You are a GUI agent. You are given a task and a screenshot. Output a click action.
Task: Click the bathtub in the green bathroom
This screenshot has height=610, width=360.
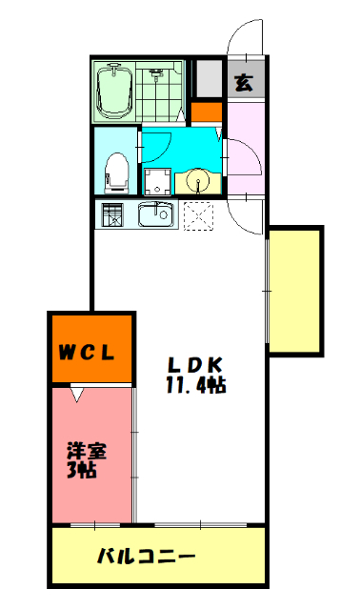pos(117,91)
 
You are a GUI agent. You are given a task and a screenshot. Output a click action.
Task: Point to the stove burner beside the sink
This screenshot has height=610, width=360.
pos(112,215)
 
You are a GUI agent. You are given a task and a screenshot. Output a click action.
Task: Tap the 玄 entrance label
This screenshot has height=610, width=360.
pos(245,82)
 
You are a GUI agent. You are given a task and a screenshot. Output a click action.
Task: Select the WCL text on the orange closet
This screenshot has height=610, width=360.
pos(89,352)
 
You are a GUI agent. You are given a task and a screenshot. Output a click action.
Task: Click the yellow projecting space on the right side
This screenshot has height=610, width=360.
pos(295,290)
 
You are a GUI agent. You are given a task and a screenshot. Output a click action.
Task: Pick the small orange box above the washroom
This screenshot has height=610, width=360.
pos(206,112)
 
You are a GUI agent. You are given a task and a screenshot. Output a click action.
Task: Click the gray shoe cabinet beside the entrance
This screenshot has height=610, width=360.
pos(207,78)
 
